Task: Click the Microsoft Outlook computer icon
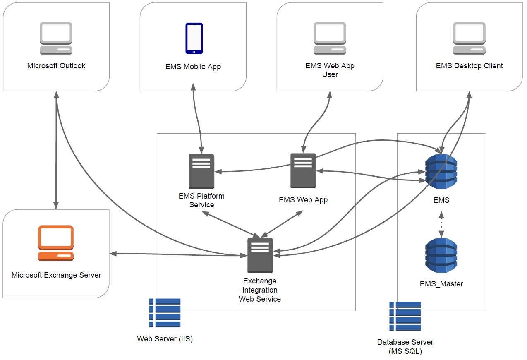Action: [56, 38]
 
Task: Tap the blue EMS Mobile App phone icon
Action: [194, 38]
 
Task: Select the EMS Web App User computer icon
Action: [330, 38]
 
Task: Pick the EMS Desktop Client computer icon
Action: [469, 38]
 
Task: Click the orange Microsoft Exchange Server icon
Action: [56, 243]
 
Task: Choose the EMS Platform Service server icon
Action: [201, 171]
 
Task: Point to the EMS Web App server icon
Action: [303, 170]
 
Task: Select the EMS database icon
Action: [441, 171]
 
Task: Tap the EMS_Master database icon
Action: [441, 255]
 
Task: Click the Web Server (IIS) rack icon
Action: [165, 313]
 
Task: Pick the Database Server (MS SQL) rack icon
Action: [405, 316]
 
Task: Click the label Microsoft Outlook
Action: [56, 66]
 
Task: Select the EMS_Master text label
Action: [441, 284]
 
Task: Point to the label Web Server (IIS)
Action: [165, 339]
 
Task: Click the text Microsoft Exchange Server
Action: [56, 275]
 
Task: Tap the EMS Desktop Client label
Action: [469, 66]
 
